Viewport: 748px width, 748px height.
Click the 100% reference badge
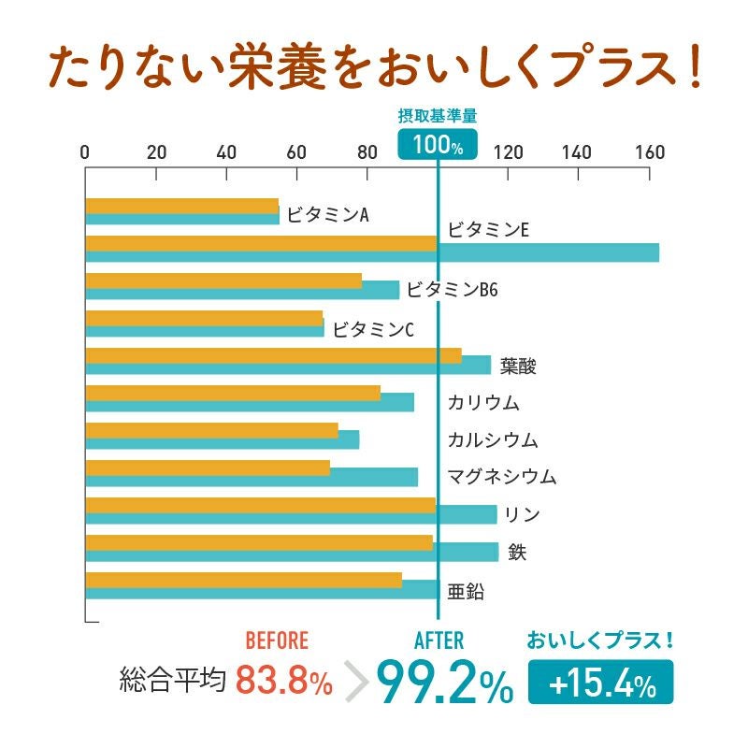[438, 145]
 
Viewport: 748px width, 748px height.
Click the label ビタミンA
[327, 215]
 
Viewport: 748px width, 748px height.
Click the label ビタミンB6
[453, 290]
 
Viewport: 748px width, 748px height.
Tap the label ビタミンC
[373, 328]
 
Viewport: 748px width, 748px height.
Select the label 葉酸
[518, 366]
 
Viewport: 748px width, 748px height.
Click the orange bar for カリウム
[233, 393]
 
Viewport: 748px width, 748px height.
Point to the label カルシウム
[493, 439]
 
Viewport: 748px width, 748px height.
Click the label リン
[522, 514]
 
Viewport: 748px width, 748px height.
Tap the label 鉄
[517, 552]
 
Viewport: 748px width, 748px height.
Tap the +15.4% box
[600, 683]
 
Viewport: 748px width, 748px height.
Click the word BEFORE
[276, 640]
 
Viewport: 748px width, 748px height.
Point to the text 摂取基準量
[438, 116]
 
